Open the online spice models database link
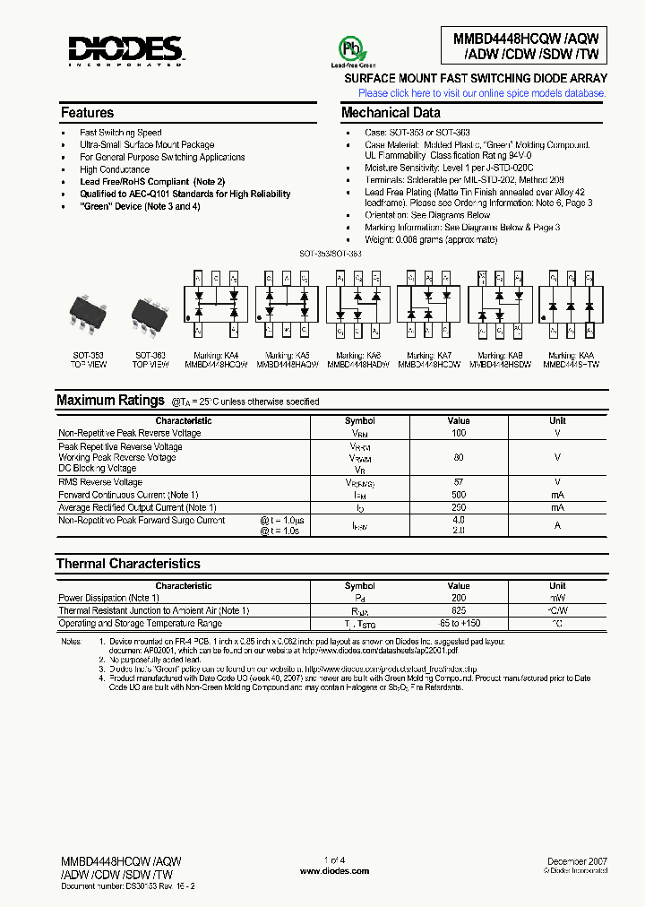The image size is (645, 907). click(x=482, y=93)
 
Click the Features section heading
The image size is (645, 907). click(x=87, y=113)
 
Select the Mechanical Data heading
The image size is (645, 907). click(x=391, y=113)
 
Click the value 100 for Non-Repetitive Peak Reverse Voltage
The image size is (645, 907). click(x=459, y=433)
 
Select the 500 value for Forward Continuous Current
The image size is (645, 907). click(x=459, y=495)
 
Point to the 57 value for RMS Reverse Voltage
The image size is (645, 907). click(x=459, y=482)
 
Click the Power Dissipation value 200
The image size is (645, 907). click(x=459, y=598)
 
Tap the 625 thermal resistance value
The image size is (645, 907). click(x=459, y=610)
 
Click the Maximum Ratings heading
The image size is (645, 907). click(x=110, y=401)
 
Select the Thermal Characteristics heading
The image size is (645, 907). click(x=128, y=564)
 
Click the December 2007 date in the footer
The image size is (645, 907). click(x=577, y=861)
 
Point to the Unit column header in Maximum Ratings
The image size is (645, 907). click(x=557, y=420)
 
